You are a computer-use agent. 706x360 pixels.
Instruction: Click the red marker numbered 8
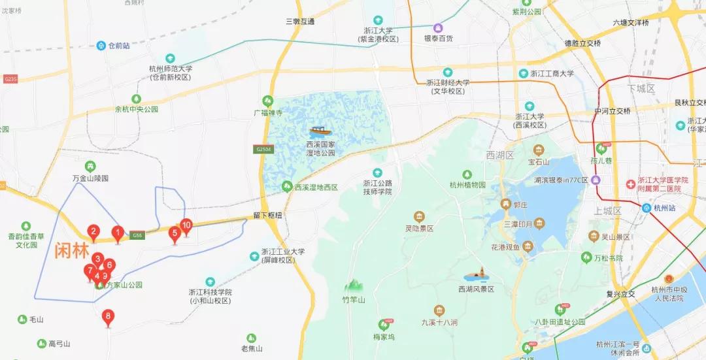[x=109, y=318]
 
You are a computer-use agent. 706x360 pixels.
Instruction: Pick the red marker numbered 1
[x=118, y=232]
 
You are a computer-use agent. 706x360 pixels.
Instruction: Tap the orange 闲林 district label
[x=72, y=250]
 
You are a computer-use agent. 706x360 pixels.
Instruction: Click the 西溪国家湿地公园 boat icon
[x=320, y=131]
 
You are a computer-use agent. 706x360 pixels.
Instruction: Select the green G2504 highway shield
[x=263, y=150]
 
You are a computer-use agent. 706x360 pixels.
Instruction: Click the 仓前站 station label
[x=118, y=46]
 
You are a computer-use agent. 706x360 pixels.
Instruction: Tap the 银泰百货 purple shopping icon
[x=438, y=28]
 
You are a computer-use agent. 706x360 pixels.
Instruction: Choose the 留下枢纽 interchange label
[x=267, y=215]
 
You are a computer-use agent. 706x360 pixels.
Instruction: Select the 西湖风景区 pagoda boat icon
[x=476, y=276]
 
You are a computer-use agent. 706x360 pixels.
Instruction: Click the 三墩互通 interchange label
[x=300, y=22]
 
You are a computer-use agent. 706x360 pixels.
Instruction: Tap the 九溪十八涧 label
[x=439, y=322]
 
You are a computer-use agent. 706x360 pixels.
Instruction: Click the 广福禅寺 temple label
[x=268, y=112]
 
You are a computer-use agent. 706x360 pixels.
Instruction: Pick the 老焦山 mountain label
[x=252, y=348]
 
